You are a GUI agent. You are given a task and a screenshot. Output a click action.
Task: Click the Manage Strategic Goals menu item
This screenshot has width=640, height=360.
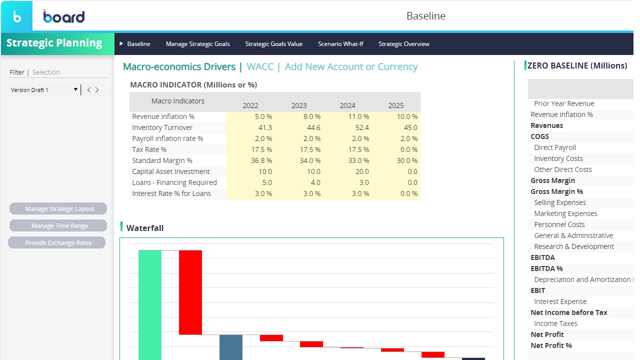[197, 43]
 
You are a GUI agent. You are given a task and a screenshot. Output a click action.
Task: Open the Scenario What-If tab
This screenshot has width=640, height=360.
[340, 43]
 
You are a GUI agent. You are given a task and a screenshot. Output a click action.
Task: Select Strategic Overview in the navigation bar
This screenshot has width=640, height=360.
[403, 43]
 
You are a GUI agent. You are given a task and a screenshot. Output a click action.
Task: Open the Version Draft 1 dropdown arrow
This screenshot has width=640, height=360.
[75, 89]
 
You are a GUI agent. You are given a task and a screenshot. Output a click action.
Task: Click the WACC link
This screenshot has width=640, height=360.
[260, 66]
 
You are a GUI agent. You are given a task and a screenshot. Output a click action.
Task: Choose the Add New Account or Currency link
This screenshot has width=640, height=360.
[351, 66]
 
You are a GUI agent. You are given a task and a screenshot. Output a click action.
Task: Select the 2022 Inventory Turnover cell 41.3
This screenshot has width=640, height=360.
[265, 127]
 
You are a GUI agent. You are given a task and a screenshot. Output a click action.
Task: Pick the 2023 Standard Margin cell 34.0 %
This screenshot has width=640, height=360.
[310, 160]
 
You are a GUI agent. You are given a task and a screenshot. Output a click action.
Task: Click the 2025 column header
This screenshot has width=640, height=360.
[395, 105]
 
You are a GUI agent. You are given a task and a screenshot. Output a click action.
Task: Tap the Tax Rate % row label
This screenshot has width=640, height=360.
[149, 149]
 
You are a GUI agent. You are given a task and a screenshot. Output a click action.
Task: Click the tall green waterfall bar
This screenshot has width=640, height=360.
[149, 305]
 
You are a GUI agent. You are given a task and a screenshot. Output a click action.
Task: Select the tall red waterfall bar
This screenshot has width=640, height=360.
[190, 292]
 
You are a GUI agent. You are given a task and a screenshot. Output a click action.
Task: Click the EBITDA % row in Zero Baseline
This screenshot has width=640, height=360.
[546, 268]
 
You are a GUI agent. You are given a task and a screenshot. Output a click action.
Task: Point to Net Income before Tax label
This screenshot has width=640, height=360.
[569, 312]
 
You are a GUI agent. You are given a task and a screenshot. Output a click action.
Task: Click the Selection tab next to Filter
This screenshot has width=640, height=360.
[46, 72]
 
